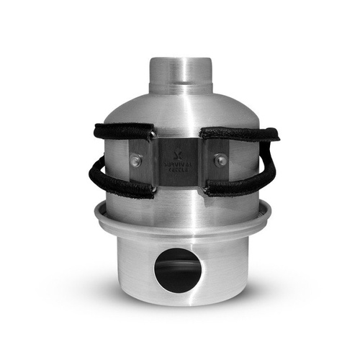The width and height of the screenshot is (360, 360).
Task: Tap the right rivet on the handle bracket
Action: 222,161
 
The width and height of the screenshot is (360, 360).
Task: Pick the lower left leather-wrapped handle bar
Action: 122,189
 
